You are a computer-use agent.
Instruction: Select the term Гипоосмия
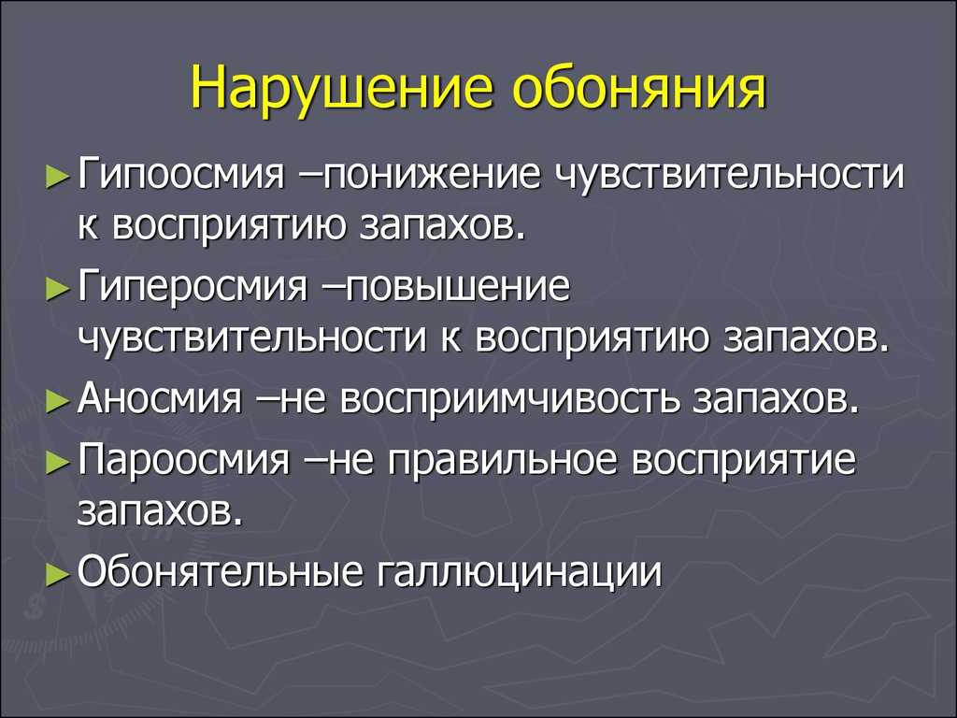(182, 175)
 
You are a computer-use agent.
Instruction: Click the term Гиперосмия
(193, 286)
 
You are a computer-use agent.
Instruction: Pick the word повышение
(458, 286)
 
